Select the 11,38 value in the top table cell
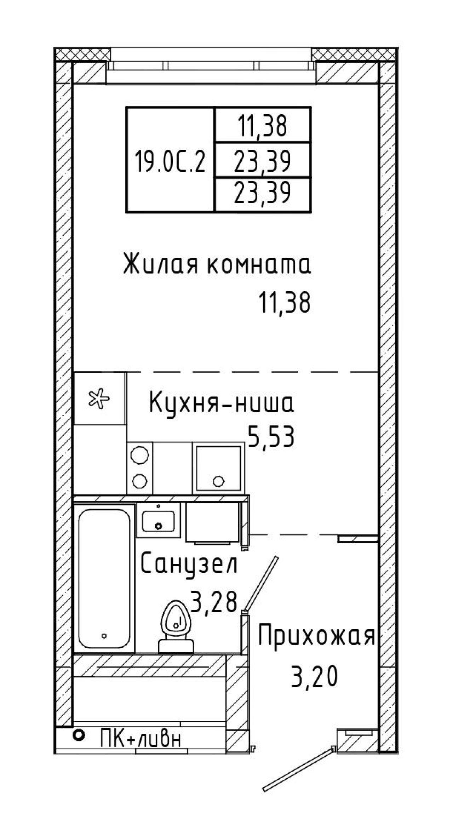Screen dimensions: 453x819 262,126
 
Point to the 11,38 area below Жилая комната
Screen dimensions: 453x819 285,303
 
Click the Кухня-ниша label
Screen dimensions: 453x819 222,403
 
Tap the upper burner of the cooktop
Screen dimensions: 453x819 139,454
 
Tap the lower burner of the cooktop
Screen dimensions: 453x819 139,480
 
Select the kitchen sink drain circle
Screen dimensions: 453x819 218,481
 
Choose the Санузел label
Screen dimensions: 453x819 189,565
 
